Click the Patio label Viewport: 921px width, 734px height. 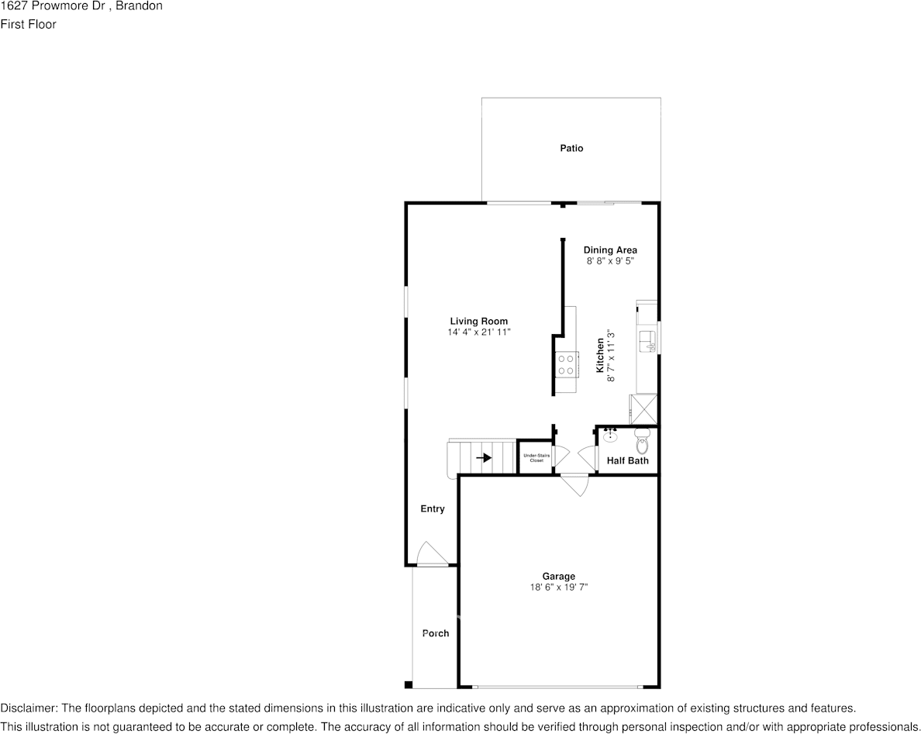[571, 149]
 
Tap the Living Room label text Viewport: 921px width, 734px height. [478, 321]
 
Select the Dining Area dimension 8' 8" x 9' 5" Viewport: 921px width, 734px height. [610, 260]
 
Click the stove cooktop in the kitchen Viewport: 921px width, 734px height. [566, 364]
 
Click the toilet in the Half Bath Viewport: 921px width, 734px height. [642, 441]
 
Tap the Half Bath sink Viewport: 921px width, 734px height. [610, 435]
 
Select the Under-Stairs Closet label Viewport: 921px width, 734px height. [536, 458]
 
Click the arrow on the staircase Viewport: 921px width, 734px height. [484, 457]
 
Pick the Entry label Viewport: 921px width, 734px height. [433, 509]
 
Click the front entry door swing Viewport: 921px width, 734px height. [433, 553]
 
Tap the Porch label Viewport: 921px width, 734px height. [435, 633]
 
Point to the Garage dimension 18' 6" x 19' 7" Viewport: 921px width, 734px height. [559, 588]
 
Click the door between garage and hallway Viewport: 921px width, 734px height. [574, 485]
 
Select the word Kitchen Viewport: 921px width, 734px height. [600, 355]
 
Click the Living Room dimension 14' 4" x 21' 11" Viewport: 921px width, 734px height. [478, 333]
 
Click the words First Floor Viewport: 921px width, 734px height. [28, 25]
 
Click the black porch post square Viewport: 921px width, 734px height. [409, 684]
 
